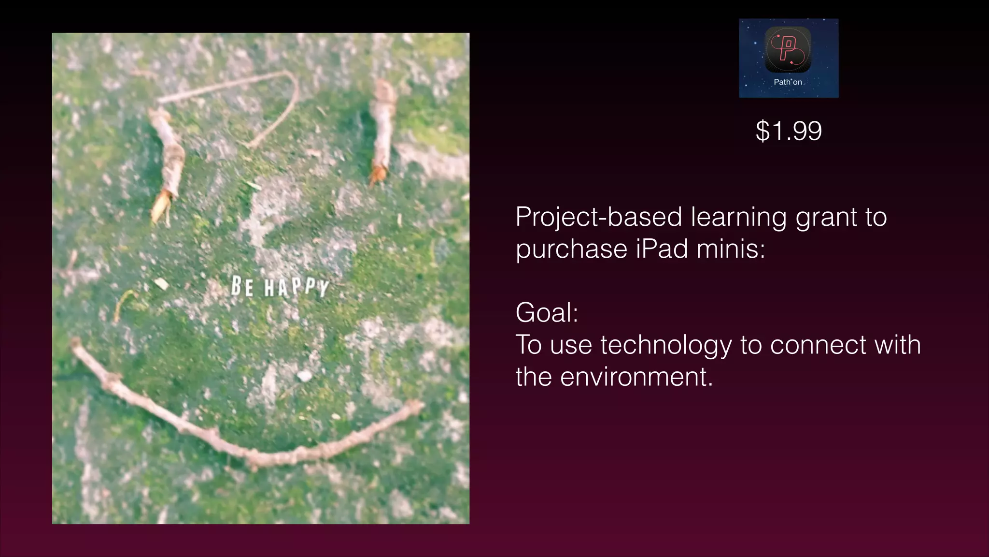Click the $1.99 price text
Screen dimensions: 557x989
click(789, 131)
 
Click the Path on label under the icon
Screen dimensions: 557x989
click(788, 82)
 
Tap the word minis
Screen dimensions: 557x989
click(731, 249)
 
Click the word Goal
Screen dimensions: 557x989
click(546, 312)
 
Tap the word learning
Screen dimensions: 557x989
click(738, 218)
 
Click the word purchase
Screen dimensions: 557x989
click(571, 249)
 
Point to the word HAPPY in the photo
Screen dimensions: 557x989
click(297, 287)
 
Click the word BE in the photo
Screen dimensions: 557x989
click(242, 286)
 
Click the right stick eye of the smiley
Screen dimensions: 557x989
click(383, 131)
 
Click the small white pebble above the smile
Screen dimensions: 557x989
click(304, 375)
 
